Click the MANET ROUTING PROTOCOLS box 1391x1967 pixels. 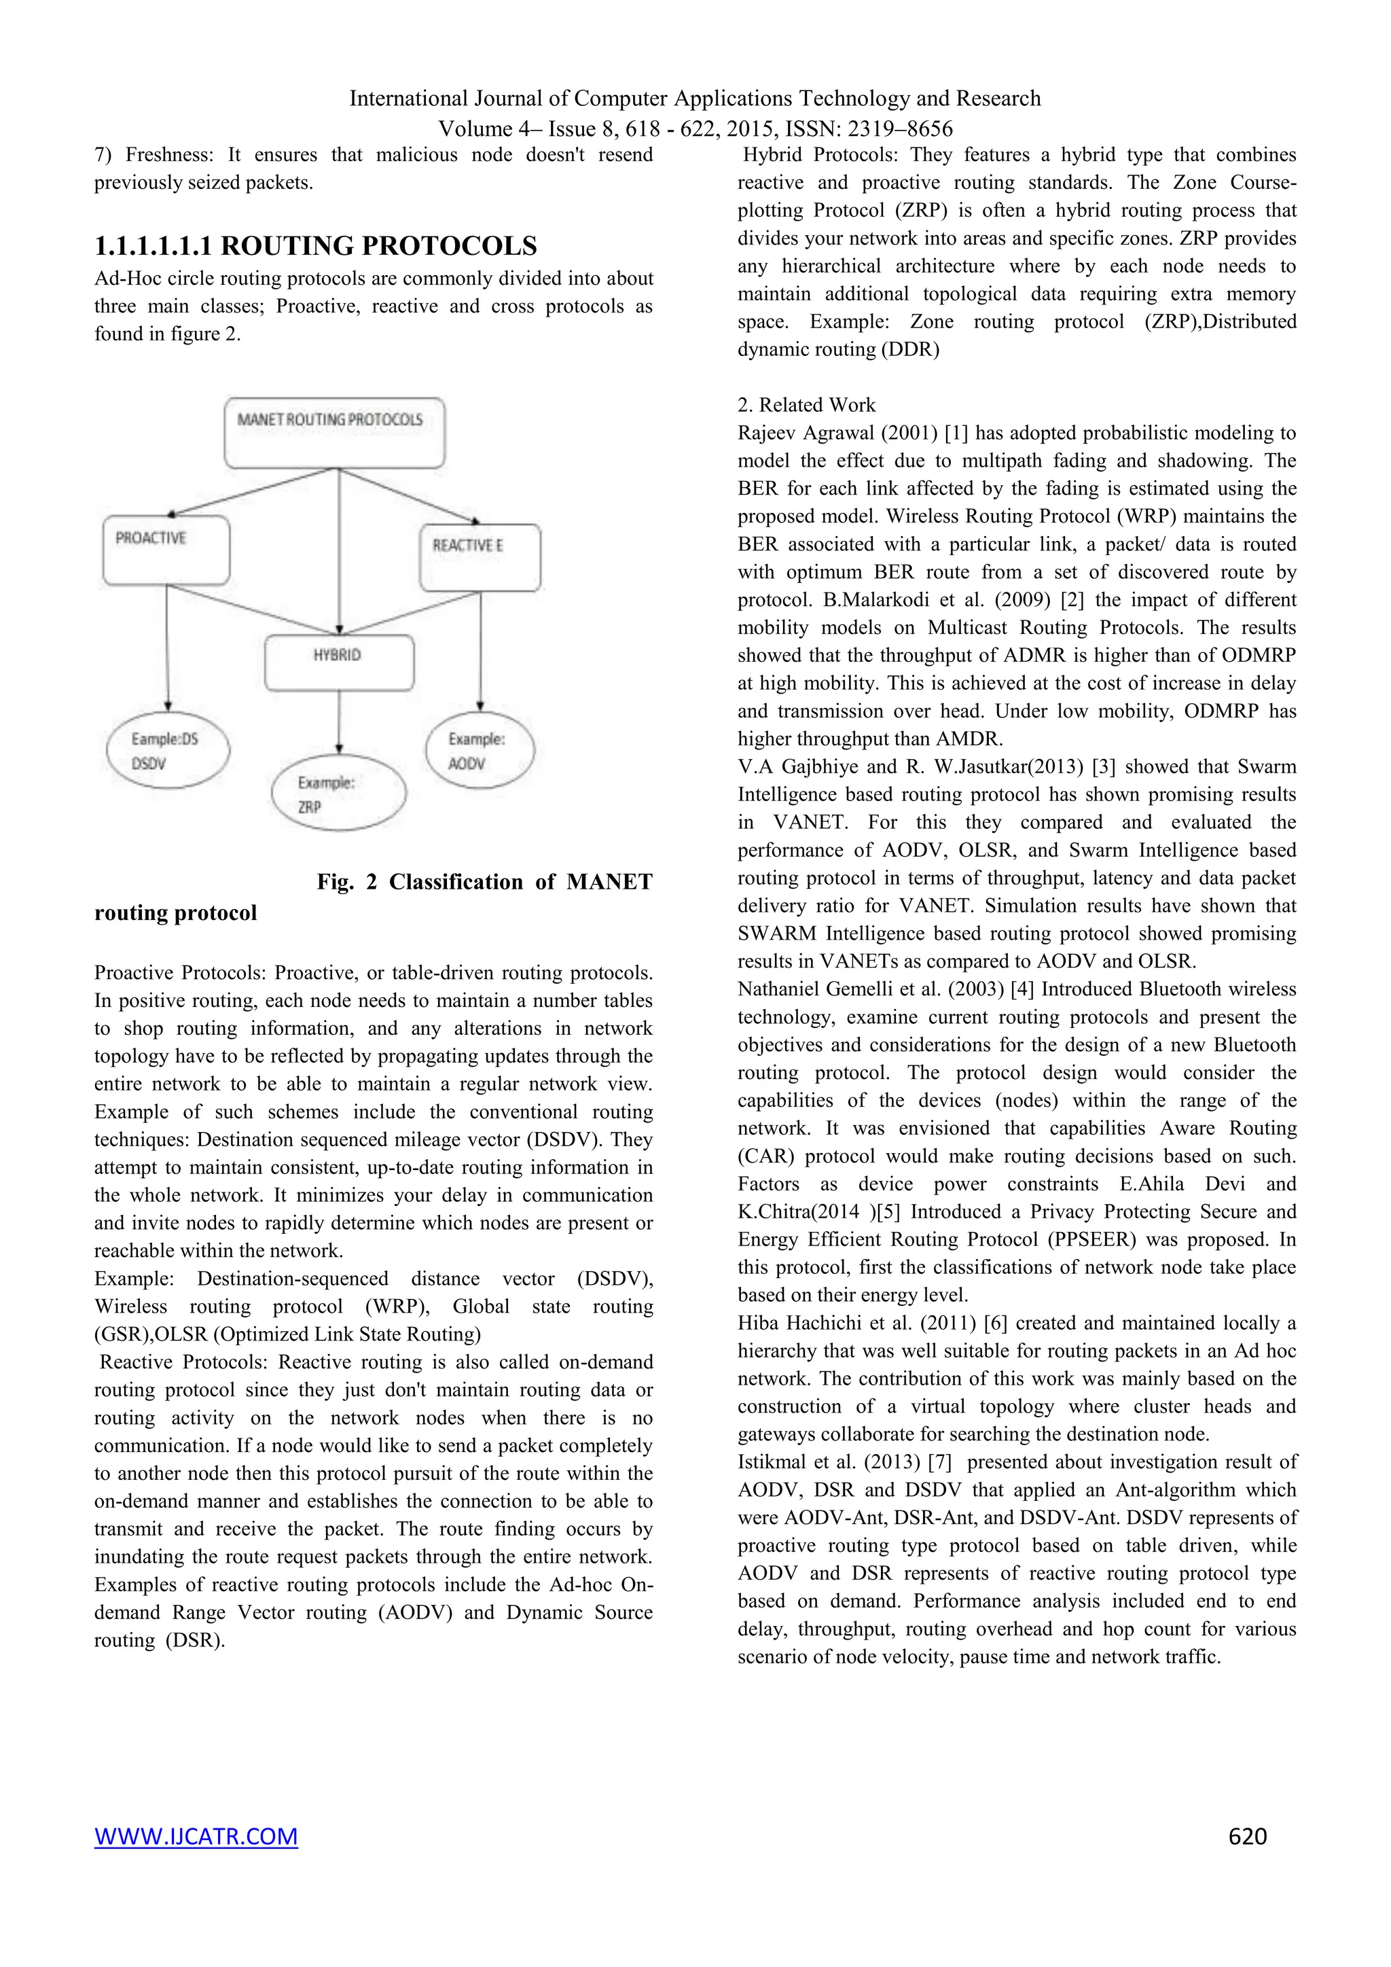[x=334, y=433]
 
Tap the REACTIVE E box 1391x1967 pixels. [x=480, y=557]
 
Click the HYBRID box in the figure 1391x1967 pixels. [x=339, y=662]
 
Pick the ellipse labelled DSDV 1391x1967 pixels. [x=168, y=751]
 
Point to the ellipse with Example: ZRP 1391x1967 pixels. [x=338, y=794]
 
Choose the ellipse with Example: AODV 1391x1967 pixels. [x=480, y=751]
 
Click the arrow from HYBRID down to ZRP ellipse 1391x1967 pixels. [x=339, y=722]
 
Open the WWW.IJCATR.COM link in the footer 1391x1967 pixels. [x=196, y=1835]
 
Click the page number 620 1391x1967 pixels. [x=1246, y=1835]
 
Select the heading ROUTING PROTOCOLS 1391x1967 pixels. [x=378, y=246]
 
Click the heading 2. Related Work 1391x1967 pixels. [x=806, y=404]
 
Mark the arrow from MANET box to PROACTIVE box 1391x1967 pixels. [x=253, y=493]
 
